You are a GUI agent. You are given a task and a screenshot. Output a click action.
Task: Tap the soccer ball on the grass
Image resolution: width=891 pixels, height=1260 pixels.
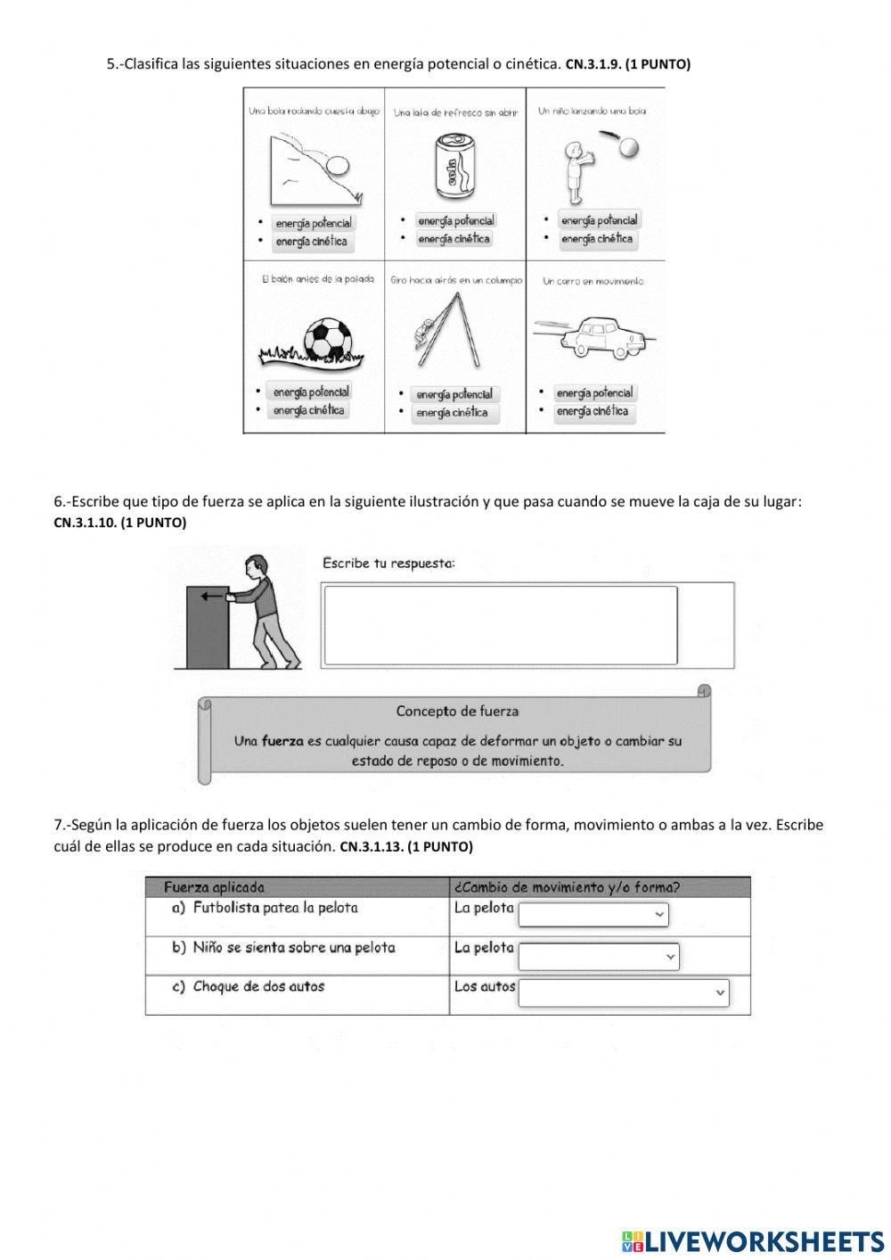click(329, 340)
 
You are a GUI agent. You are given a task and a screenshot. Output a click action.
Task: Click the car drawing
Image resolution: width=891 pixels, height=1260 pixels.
click(603, 336)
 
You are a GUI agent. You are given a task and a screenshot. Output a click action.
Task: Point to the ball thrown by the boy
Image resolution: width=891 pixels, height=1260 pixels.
click(629, 146)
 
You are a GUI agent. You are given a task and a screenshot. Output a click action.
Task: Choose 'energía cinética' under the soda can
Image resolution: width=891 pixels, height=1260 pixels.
click(454, 239)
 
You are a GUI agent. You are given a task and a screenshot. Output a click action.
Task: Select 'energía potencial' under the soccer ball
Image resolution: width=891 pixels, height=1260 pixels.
click(311, 391)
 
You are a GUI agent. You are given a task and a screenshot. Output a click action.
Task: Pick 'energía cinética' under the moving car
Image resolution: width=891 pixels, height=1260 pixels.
click(593, 411)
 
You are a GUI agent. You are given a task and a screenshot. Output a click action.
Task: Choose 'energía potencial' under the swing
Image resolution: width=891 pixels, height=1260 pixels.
click(454, 394)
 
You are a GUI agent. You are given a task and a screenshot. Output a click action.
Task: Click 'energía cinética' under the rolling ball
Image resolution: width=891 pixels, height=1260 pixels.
click(311, 242)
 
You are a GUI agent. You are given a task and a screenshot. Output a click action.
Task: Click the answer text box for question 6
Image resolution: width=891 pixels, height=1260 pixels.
click(500, 625)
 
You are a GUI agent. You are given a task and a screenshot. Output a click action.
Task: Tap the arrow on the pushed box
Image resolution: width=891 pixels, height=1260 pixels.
click(212, 597)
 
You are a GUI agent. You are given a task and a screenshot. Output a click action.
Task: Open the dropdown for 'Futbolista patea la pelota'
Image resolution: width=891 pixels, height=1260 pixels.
click(593, 914)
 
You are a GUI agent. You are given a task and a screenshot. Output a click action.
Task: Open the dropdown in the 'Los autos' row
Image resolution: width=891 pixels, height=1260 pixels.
click(623, 992)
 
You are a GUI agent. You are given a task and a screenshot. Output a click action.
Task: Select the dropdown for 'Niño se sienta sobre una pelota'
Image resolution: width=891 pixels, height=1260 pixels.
click(598, 957)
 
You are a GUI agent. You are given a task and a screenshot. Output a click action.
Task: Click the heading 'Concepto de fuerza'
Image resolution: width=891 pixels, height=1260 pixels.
click(457, 711)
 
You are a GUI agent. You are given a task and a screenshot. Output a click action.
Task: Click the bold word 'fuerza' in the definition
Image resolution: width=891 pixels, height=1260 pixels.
click(282, 740)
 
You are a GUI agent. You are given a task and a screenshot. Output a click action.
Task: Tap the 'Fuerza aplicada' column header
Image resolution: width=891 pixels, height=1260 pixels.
click(214, 887)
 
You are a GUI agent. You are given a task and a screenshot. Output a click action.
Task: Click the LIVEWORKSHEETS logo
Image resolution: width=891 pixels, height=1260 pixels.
click(753, 1240)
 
